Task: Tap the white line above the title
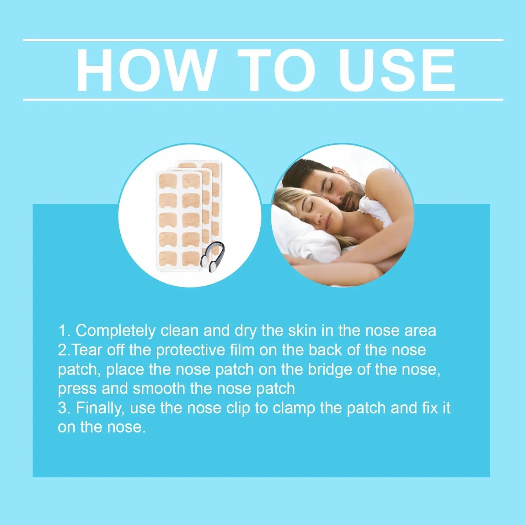coord(263,40)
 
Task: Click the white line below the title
coord(263,99)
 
